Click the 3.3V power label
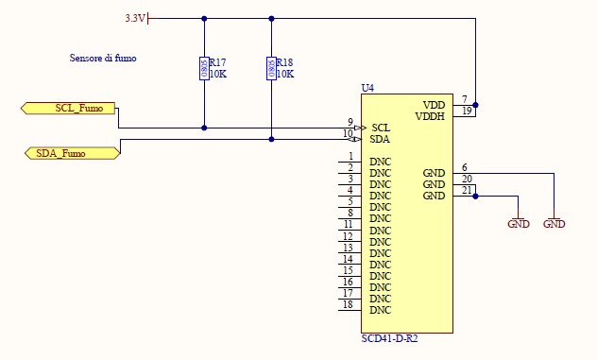(x=135, y=18)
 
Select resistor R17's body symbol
(x=204, y=69)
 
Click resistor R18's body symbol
(x=271, y=69)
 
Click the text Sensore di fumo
(x=103, y=58)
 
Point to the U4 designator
(x=367, y=88)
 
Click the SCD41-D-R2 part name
(x=389, y=338)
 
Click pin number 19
(x=467, y=111)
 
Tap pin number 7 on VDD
(x=464, y=99)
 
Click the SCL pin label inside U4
(x=381, y=128)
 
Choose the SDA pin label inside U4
(x=381, y=139)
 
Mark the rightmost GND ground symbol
(x=554, y=224)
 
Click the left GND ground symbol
(x=519, y=224)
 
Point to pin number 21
(x=467, y=190)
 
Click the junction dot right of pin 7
(x=475, y=105)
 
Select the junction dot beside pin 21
(x=475, y=197)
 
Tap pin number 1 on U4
(x=350, y=156)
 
